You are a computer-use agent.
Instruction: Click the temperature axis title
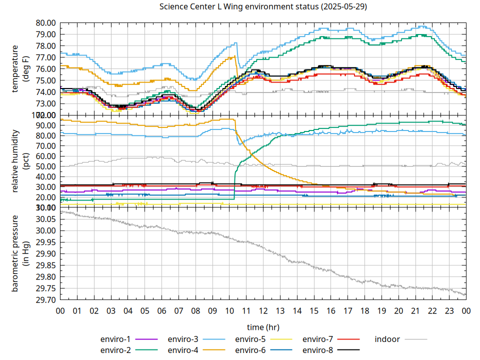(20, 68)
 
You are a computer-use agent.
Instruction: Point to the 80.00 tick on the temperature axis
(45, 23)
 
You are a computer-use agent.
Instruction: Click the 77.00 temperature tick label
(45, 57)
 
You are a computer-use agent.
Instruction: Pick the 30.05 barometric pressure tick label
(45, 219)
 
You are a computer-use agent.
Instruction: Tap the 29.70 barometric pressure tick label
(45, 300)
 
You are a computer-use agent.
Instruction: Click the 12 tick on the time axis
(263, 310)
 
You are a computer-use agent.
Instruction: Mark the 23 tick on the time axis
(449, 310)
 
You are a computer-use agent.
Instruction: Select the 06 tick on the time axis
(161, 310)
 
